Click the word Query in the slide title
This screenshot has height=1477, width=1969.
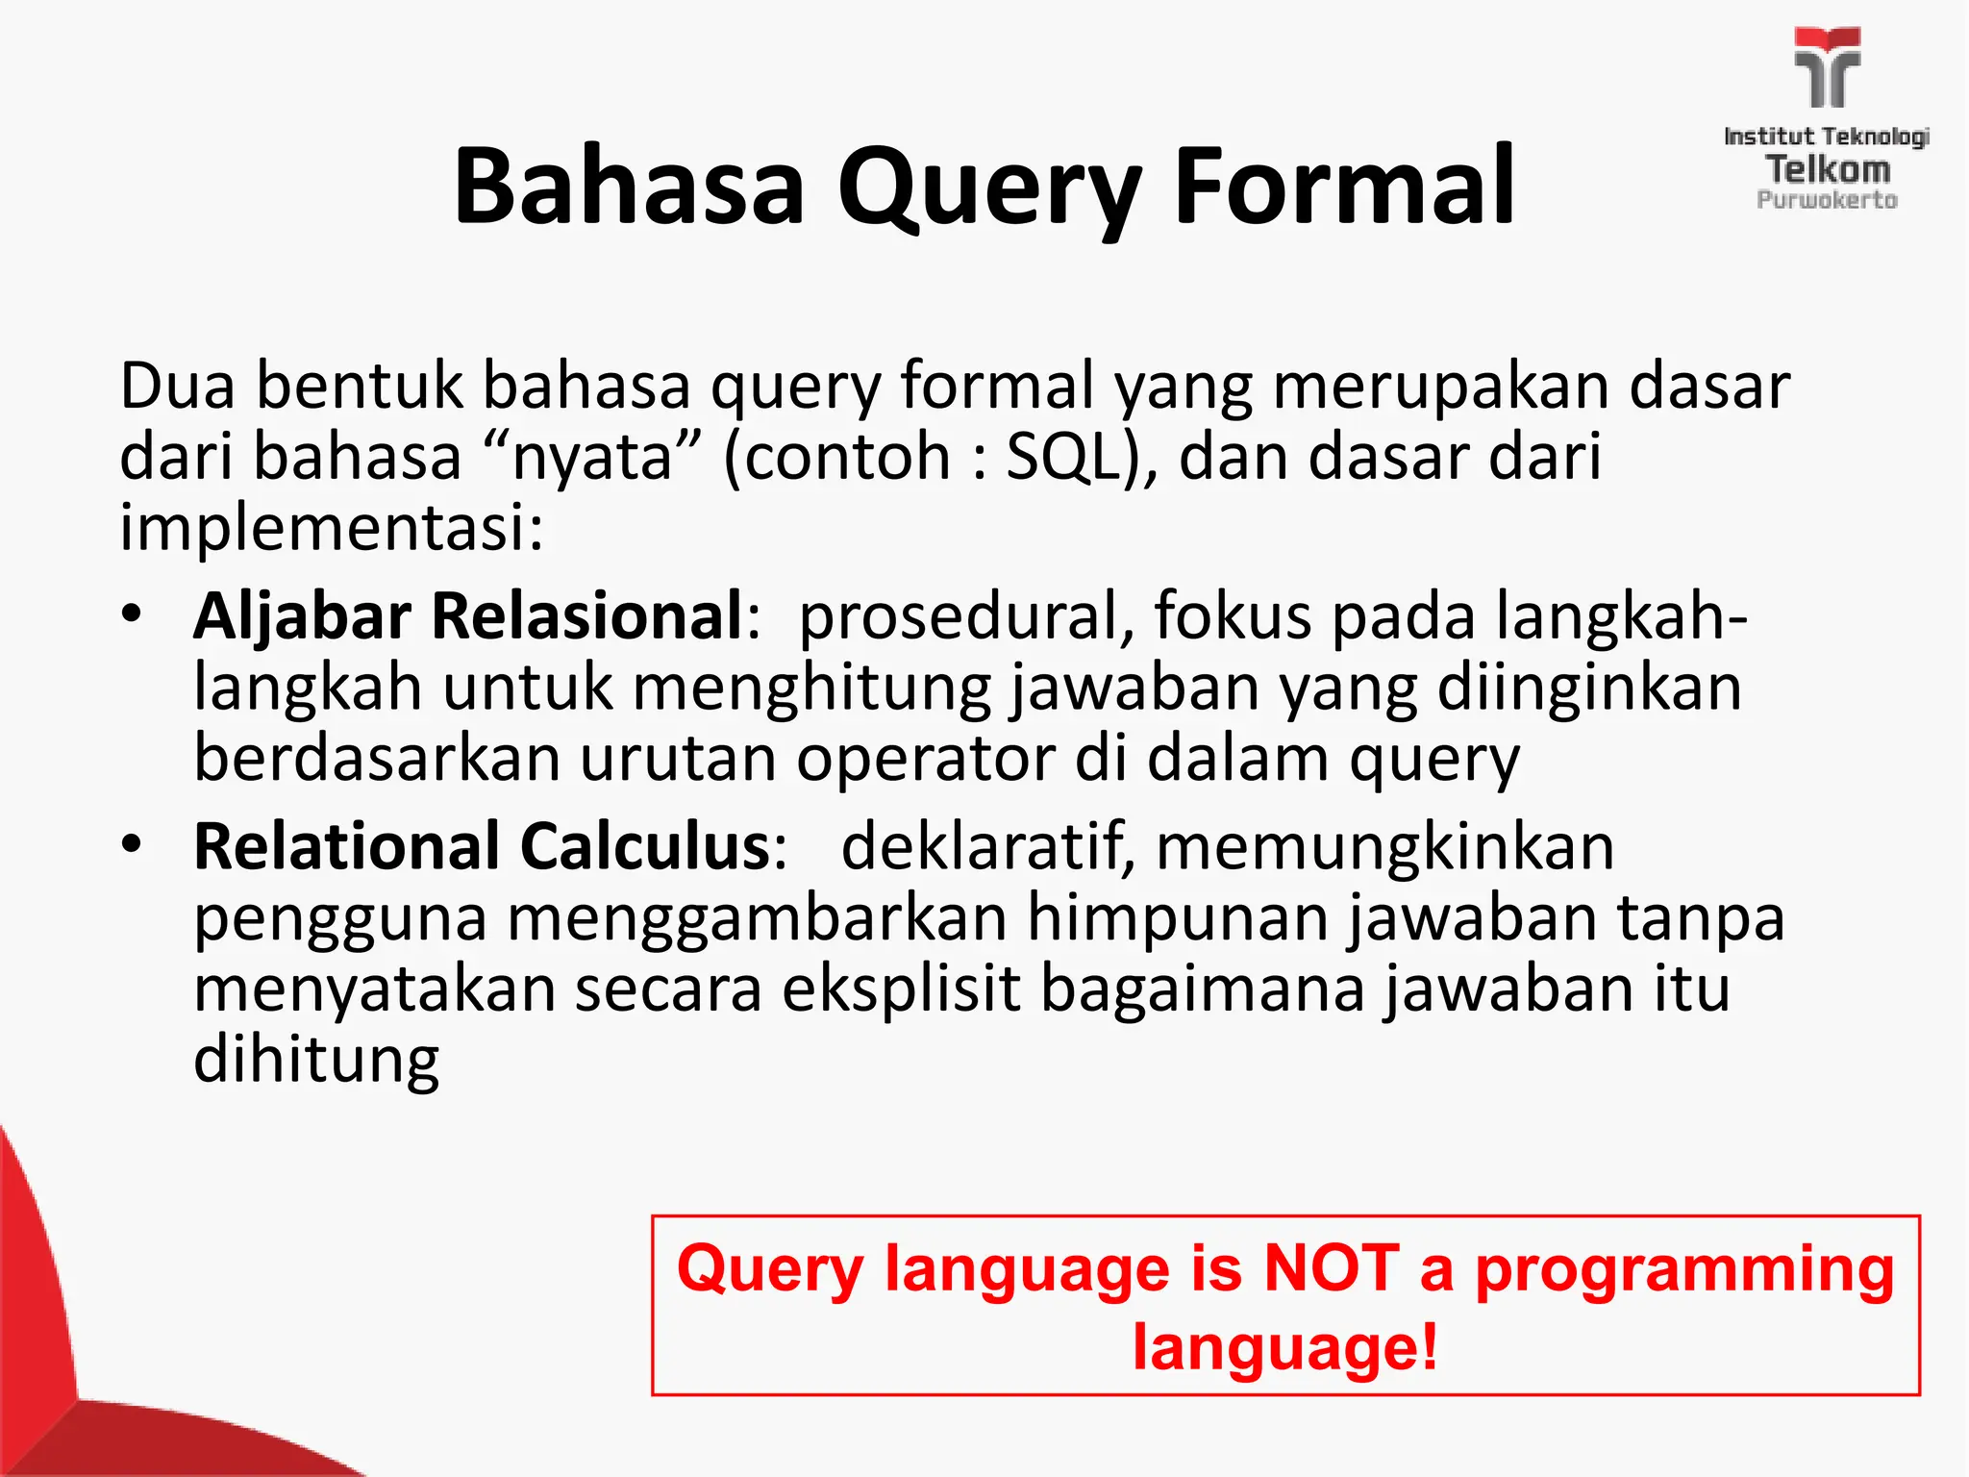coord(990,188)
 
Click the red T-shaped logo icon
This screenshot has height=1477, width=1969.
coord(1827,67)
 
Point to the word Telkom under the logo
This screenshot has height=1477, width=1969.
coord(1828,169)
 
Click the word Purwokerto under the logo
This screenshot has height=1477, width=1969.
coord(1827,200)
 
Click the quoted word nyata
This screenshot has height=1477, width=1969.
coord(592,457)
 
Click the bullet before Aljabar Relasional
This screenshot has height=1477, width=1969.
coord(132,613)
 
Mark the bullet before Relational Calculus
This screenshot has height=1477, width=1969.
coord(132,844)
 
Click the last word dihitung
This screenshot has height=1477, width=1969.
coord(316,1061)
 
